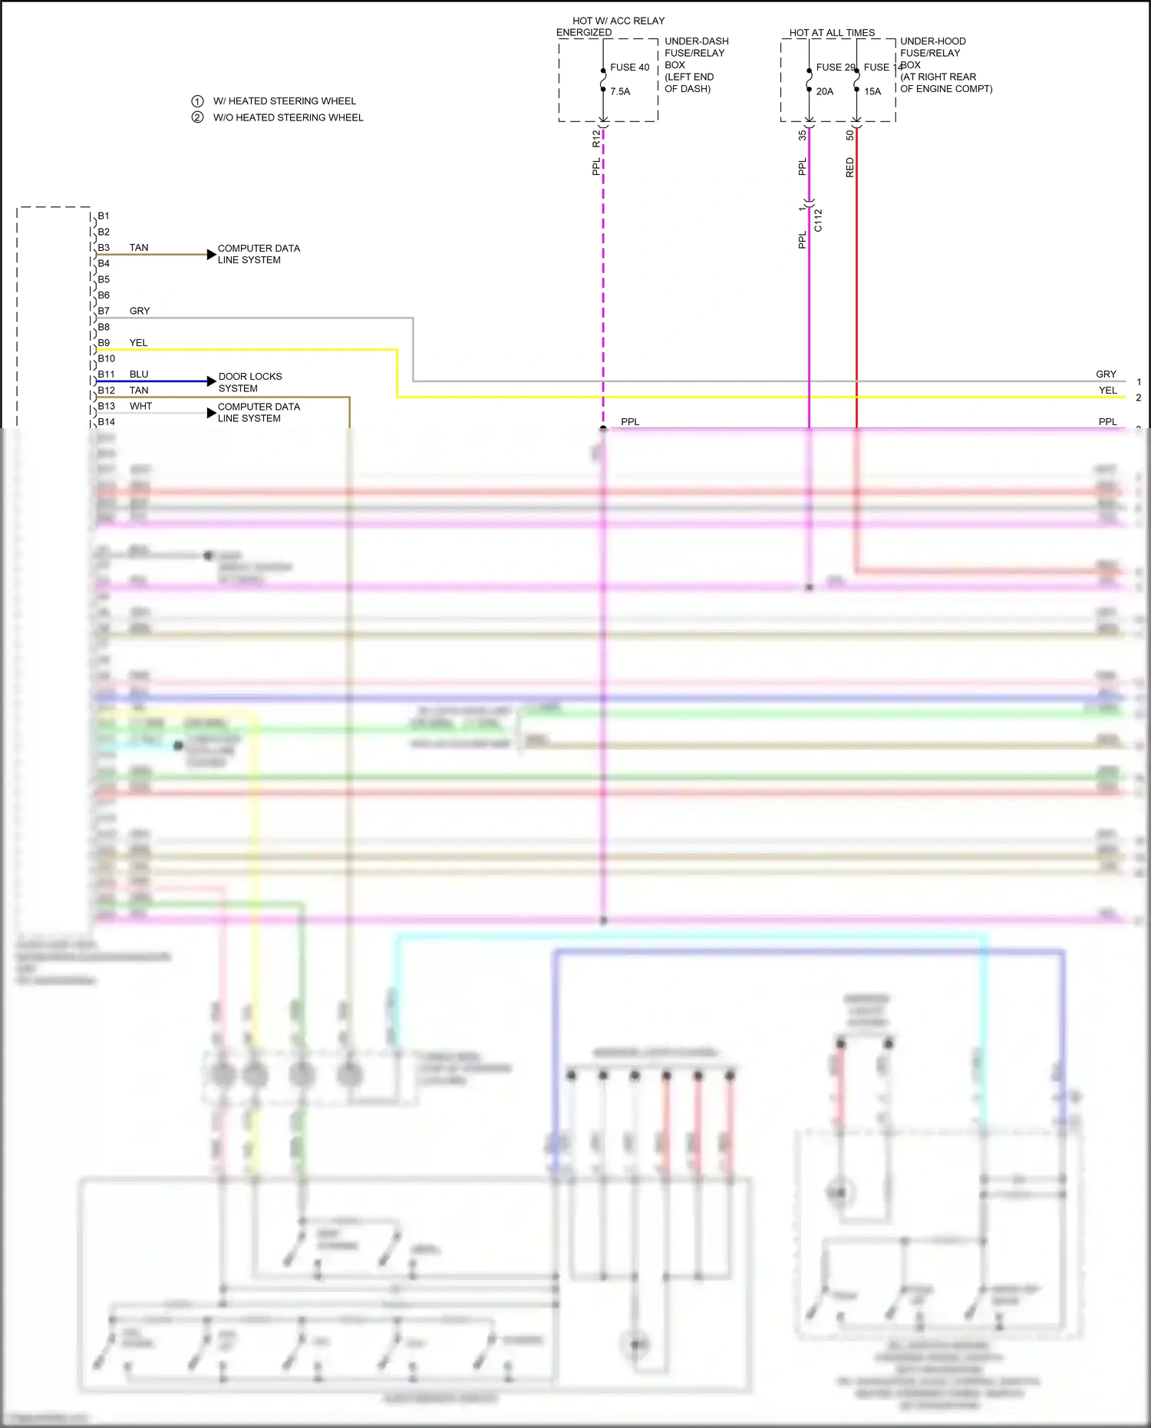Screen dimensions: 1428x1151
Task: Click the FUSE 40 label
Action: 629,68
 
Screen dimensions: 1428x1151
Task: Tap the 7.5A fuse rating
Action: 620,91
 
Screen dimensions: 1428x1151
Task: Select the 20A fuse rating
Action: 825,91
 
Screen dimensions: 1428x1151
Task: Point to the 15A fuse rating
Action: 872,91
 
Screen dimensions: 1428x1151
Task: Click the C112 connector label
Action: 818,220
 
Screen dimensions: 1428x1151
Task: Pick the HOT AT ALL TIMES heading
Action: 832,33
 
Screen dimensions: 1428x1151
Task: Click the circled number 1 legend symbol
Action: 197,101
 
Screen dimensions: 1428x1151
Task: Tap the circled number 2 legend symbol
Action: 197,117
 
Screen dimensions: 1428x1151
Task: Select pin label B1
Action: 104,216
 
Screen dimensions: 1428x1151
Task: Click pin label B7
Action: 104,311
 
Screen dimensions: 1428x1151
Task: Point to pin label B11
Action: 106,374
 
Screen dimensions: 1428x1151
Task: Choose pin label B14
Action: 106,422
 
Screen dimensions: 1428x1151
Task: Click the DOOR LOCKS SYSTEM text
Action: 250,382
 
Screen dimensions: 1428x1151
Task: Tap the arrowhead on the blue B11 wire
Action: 212,381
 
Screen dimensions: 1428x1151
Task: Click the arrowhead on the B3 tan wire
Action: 212,254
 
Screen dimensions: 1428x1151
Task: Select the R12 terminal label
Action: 596,138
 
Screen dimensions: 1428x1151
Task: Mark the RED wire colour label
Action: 849,167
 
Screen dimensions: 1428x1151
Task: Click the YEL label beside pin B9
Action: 138,343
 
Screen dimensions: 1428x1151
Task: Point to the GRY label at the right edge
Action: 1106,374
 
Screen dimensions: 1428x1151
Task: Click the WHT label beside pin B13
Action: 140,406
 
